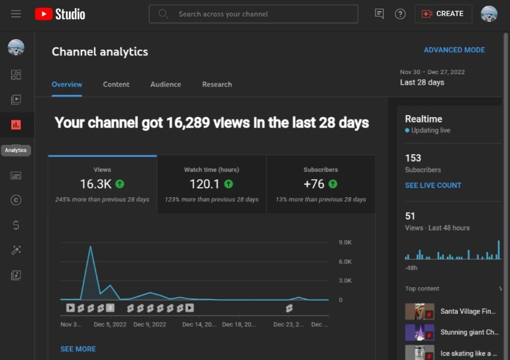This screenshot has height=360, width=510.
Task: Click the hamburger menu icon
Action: pos(16,14)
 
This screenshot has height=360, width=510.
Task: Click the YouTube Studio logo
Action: pos(60,14)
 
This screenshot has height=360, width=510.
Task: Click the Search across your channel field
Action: pos(254,14)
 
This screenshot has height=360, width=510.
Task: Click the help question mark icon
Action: pos(400,14)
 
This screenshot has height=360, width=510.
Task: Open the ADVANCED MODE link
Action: pos(454,50)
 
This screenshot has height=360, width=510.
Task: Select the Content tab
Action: pos(116,85)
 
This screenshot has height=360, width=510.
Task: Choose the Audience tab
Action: pos(166,85)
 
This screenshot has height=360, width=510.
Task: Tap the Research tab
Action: pos(217,85)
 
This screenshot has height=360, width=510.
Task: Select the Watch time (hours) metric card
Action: pos(212,184)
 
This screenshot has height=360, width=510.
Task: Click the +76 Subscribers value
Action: pos(314,184)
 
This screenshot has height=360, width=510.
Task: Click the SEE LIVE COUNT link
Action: pos(433,185)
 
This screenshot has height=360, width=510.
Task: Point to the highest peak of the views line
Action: pos(91,246)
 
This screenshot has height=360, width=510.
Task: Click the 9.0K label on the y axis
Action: pos(345,242)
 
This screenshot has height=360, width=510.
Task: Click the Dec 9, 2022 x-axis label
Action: pos(150,324)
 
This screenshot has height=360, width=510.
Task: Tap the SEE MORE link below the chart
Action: pos(78,349)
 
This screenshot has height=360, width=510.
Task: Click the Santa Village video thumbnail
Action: pos(419,312)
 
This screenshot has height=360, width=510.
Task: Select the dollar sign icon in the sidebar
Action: pos(16,225)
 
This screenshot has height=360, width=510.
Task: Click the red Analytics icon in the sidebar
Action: pos(16,125)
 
